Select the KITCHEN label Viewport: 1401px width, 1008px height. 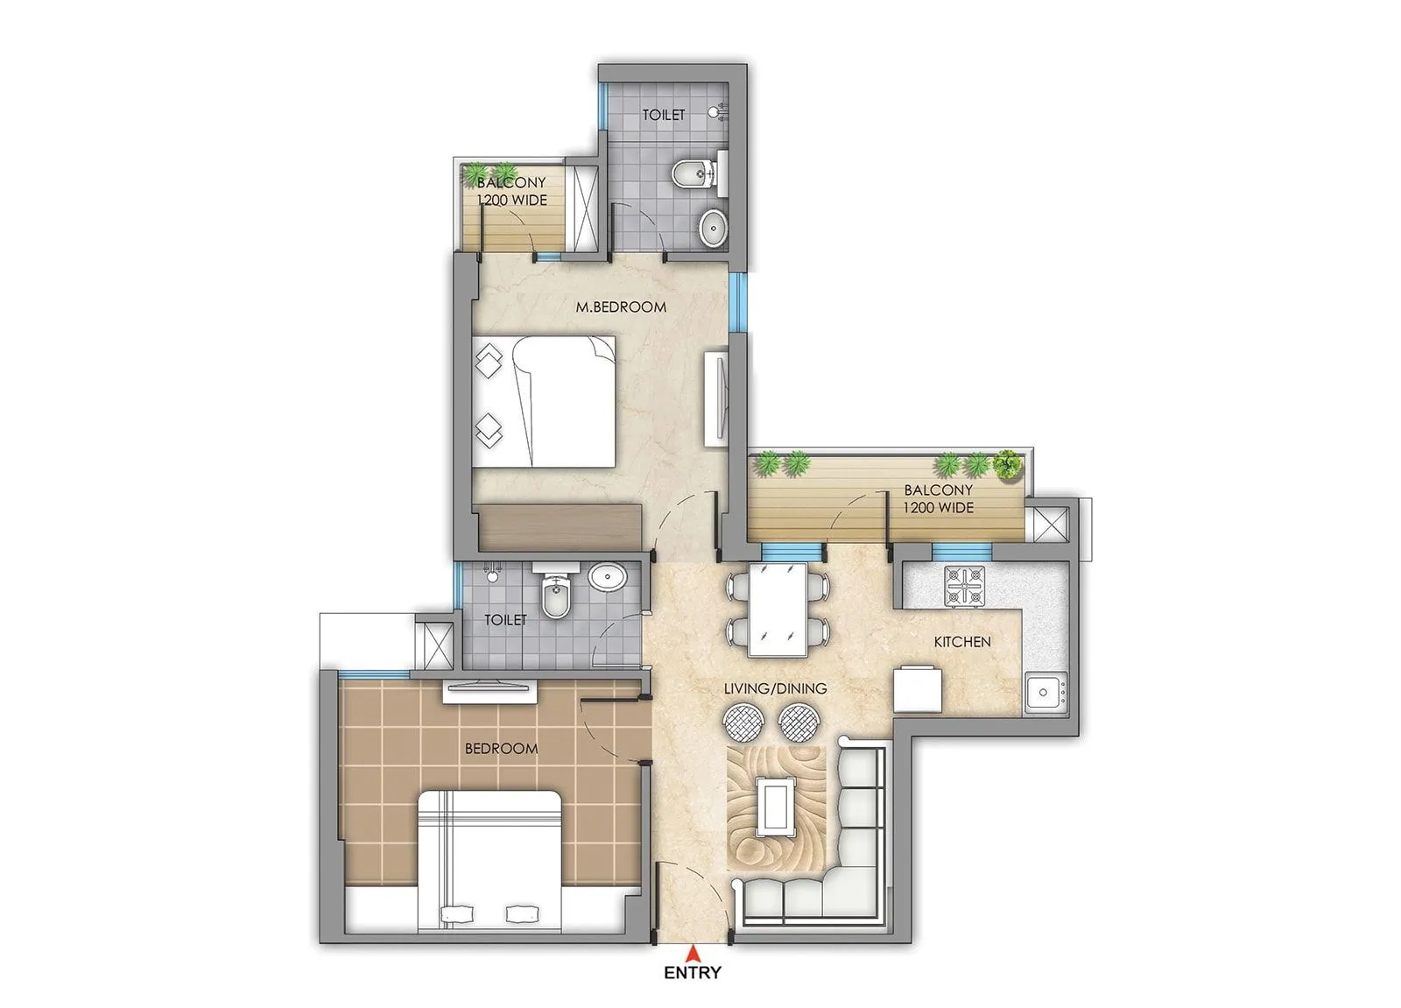[962, 642]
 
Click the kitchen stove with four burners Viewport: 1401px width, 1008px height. [963, 586]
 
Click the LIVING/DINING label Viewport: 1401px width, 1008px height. [775, 688]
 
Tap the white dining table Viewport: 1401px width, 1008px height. [777, 609]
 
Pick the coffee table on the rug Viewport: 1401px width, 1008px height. [774, 807]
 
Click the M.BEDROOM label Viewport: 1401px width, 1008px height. [621, 307]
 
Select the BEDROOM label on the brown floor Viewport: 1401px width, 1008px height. [501, 749]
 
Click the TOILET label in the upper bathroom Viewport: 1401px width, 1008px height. [664, 115]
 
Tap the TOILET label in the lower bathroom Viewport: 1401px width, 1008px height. [505, 620]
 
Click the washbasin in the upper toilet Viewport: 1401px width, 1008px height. [714, 228]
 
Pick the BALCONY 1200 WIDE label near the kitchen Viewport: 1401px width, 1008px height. [939, 499]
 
